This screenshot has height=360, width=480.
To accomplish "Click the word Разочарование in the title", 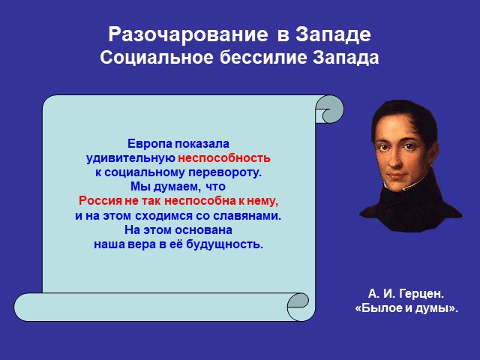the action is [x=188, y=35].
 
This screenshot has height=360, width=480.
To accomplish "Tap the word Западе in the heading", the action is [x=333, y=35].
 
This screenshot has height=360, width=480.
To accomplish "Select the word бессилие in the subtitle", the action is [x=263, y=57].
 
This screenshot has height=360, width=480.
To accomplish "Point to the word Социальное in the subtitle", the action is [x=157, y=58].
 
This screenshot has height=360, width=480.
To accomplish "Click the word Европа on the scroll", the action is [x=150, y=144].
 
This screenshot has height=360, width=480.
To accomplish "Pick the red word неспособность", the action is [x=224, y=158].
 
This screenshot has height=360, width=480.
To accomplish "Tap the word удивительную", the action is [x=130, y=158].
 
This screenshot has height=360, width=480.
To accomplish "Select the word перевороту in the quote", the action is [x=225, y=172].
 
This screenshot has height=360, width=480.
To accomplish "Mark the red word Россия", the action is [x=100, y=201].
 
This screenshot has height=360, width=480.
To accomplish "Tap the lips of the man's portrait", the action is [x=397, y=177].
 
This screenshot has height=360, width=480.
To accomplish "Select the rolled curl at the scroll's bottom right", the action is [x=297, y=307].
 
